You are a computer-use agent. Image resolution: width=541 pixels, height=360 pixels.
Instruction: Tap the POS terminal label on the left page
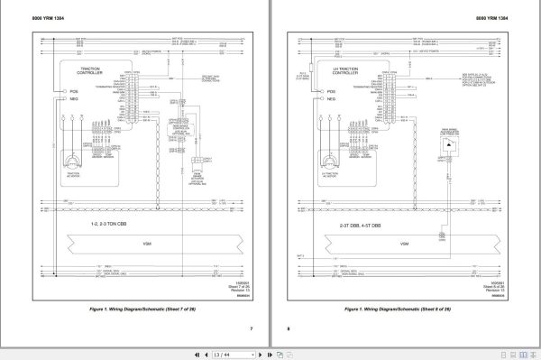pyautogui.click(x=74, y=92)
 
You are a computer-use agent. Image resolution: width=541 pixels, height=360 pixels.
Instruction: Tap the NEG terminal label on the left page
pyautogui.click(x=74, y=103)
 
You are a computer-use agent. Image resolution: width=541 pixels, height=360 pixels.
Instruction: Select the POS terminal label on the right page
pyautogui.click(x=332, y=92)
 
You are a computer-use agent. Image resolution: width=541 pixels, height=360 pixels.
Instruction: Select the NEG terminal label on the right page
pyautogui.click(x=332, y=104)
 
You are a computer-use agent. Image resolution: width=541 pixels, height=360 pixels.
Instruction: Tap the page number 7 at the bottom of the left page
pyautogui.click(x=252, y=328)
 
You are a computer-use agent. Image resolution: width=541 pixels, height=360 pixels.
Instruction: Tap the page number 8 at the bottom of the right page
pyautogui.click(x=290, y=328)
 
